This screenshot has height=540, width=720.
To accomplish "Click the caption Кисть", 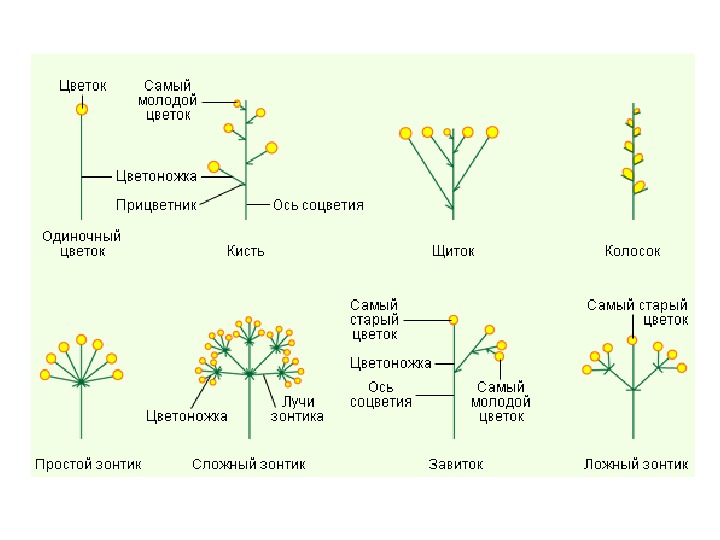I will (x=245, y=251).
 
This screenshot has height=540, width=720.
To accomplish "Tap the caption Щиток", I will (x=453, y=251).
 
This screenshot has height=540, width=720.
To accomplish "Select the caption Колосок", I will (x=632, y=251).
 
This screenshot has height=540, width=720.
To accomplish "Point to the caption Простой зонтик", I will (x=88, y=464).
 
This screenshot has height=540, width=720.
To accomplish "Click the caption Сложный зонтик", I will (x=248, y=464).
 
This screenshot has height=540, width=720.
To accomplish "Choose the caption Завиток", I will (x=455, y=464).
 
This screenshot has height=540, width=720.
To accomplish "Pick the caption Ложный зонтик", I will (x=636, y=464).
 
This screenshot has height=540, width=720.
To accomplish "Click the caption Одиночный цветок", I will (x=81, y=244).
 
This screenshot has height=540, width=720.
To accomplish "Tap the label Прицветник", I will (x=155, y=205).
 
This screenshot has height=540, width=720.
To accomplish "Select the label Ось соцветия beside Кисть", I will (x=318, y=205).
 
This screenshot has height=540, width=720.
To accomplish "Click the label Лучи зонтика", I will (x=297, y=409).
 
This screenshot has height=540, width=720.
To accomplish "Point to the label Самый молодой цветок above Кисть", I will (x=167, y=100).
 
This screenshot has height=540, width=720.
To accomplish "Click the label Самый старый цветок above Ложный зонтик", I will (x=637, y=312).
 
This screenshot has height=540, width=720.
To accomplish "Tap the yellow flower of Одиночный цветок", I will (x=82, y=109).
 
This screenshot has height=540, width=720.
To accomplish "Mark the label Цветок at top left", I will (x=82, y=86).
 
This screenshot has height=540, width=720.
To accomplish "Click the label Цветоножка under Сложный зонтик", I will (x=187, y=416).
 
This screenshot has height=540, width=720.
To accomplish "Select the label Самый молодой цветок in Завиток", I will (x=501, y=401).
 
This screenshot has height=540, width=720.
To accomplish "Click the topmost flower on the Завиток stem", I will (x=453, y=320).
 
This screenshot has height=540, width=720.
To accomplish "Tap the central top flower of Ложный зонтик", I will (x=632, y=340).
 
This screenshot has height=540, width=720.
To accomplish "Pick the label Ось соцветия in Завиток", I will (x=381, y=395).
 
